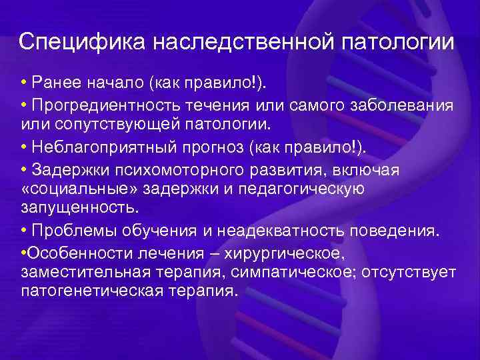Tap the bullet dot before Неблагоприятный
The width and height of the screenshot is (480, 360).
(x=24, y=147)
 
